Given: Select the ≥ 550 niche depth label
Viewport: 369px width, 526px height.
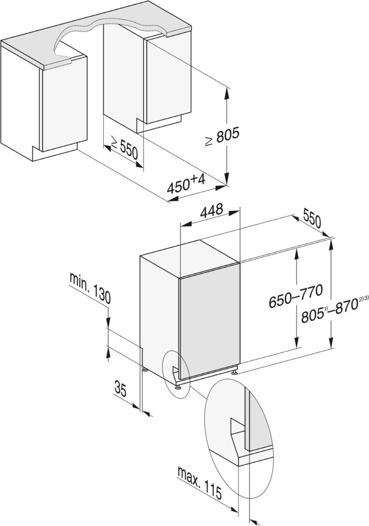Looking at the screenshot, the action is (124, 148).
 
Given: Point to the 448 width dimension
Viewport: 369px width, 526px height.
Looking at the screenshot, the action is (212, 210).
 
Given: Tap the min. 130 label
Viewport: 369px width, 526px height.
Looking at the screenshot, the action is (90, 288).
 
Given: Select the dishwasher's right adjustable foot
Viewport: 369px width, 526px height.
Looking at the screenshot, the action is (234, 371).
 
